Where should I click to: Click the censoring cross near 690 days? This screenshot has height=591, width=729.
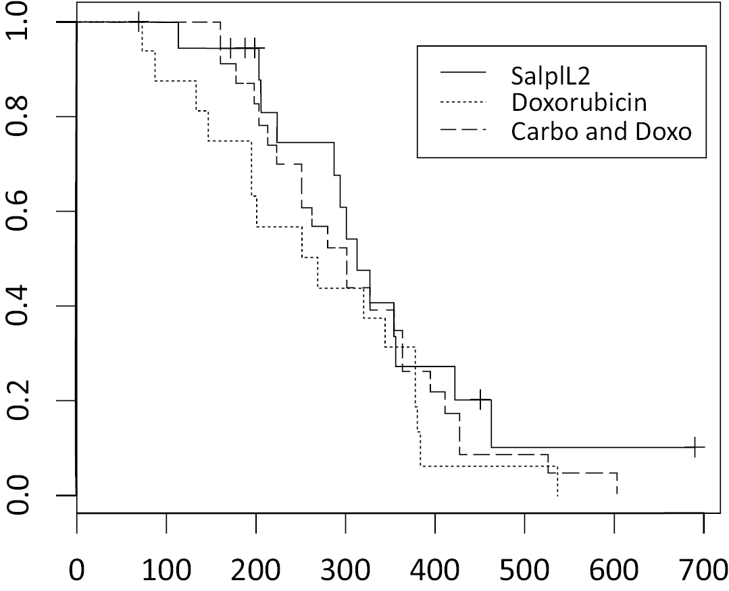[695, 447]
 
